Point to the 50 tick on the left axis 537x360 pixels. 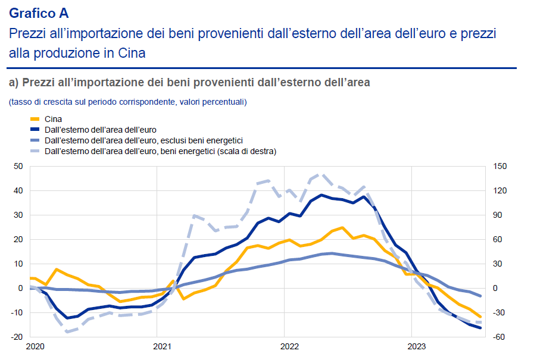click(18, 167)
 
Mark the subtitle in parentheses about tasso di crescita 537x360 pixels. click(127, 102)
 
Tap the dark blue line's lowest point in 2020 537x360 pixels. click(67, 318)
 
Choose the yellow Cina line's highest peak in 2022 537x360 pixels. click(342, 227)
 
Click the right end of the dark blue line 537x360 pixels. click(480, 328)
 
